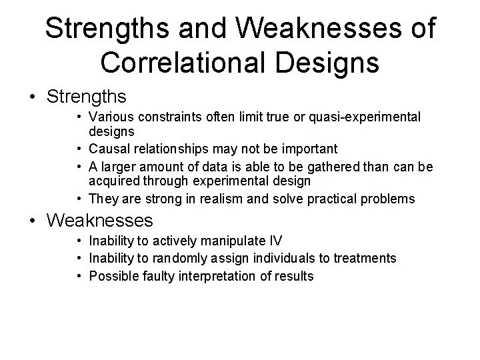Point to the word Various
click(x=109, y=117)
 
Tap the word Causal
click(x=109, y=148)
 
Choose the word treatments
click(x=367, y=257)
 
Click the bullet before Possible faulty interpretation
click(x=79, y=275)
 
